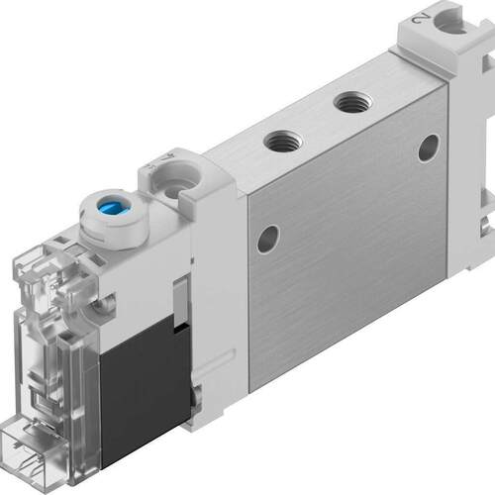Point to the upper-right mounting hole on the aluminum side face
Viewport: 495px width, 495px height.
click(x=428, y=148)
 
